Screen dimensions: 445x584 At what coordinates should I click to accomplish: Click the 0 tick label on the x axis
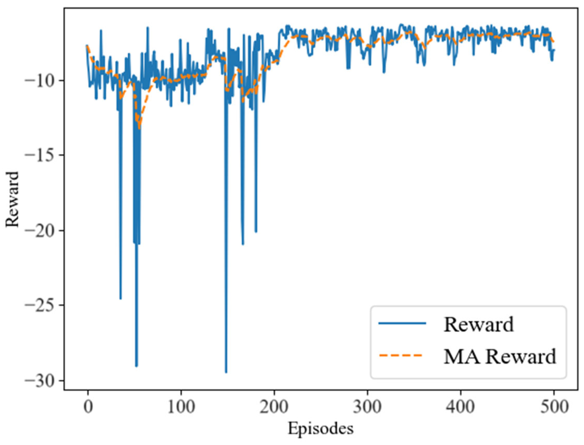tap(88, 407)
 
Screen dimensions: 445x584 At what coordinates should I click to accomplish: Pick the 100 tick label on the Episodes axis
tap(181, 407)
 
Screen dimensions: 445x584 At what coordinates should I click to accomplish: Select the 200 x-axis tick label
tap(274, 407)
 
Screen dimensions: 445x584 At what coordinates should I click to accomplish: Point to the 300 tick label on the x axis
tap(367, 407)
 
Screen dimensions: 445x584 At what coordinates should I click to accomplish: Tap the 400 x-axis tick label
tap(461, 407)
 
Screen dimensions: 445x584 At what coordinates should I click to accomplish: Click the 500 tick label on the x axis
tap(554, 407)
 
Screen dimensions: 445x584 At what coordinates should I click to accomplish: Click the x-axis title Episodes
tap(321, 429)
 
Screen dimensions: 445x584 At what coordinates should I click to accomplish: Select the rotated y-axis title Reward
tap(12, 199)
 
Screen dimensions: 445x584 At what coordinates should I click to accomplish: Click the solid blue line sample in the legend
tap(402, 323)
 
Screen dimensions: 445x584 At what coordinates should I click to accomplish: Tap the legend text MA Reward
tap(500, 356)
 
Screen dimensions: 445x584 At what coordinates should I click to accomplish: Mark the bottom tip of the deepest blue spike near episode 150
tap(226, 372)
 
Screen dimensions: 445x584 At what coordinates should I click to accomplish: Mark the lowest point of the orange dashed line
tap(139, 129)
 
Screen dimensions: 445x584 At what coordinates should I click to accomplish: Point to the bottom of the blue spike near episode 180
tap(256, 232)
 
